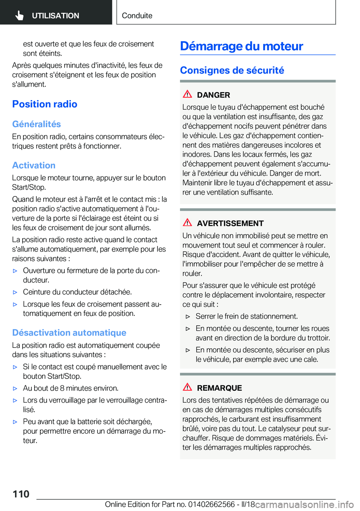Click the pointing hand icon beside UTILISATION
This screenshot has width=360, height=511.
coord(19,15)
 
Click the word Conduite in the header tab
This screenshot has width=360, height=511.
coord(137,16)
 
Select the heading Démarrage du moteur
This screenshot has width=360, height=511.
coord(241,46)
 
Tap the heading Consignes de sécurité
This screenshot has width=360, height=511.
coord(232,71)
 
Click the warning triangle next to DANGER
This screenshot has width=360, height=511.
coord(187,94)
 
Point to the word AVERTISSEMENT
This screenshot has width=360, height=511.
coord(230,224)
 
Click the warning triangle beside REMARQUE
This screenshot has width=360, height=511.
coord(187,387)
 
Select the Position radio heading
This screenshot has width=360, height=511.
coord(45,104)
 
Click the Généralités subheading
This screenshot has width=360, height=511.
coord(36,124)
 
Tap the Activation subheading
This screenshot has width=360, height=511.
coord(34,165)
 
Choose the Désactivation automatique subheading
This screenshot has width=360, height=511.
coord(69,333)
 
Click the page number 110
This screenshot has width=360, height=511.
coord(21,494)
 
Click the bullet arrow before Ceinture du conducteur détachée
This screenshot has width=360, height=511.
coord(15,292)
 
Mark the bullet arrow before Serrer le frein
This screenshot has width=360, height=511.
coord(188,317)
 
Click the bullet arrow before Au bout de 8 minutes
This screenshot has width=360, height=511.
coord(15,389)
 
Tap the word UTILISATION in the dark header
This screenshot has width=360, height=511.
coord(55,16)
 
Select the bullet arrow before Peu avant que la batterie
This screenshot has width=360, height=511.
coord(15,422)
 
